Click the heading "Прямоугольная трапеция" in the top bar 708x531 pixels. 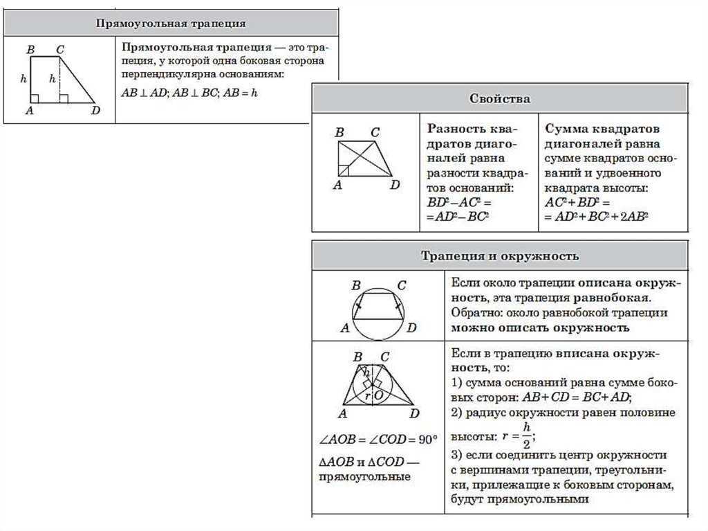(x=170, y=24)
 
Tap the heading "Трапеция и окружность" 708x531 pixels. (x=500, y=256)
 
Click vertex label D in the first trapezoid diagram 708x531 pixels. (x=95, y=111)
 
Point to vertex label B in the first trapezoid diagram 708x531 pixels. (x=30, y=50)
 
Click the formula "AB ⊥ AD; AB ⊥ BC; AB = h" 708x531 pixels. (x=189, y=93)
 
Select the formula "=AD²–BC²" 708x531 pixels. (x=458, y=217)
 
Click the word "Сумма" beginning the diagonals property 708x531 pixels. (x=566, y=129)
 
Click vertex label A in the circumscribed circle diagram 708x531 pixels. (x=344, y=328)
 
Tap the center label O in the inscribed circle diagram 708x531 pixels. (x=378, y=395)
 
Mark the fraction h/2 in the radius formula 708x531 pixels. (x=526, y=435)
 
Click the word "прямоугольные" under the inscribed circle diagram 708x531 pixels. (x=364, y=477)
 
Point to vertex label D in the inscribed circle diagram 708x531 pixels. (x=414, y=414)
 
